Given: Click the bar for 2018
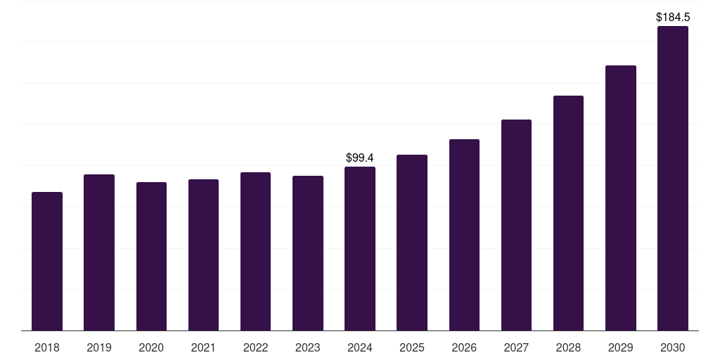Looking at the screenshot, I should tap(47, 262).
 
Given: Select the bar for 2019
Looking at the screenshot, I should tap(99, 252).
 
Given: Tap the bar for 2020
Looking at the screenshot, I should tap(151, 257).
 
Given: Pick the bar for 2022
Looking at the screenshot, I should tap(255, 252).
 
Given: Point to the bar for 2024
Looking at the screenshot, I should tap(360, 249).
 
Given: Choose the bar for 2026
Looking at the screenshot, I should tap(464, 235).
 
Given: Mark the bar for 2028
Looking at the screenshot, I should tap(568, 213).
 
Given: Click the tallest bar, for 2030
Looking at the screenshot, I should tap(673, 179).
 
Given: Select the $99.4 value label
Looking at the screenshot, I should tap(360, 158).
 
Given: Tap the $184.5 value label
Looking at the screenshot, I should tap(673, 17).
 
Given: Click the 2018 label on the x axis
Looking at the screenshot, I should tap(47, 348).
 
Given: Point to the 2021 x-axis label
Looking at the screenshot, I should tap(203, 348).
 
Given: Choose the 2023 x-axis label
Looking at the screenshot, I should tap(308, 348).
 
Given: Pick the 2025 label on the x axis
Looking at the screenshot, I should tap(412, 348).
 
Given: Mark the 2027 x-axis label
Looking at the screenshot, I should tap(516, 348).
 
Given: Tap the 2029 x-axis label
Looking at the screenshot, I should tap(621, 348).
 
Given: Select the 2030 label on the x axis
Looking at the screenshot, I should tap(673, 348).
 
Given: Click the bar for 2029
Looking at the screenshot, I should tap(621, 198).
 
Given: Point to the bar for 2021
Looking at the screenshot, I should tap(203, 255).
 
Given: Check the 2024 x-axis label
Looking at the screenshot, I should tap(360, 348).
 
